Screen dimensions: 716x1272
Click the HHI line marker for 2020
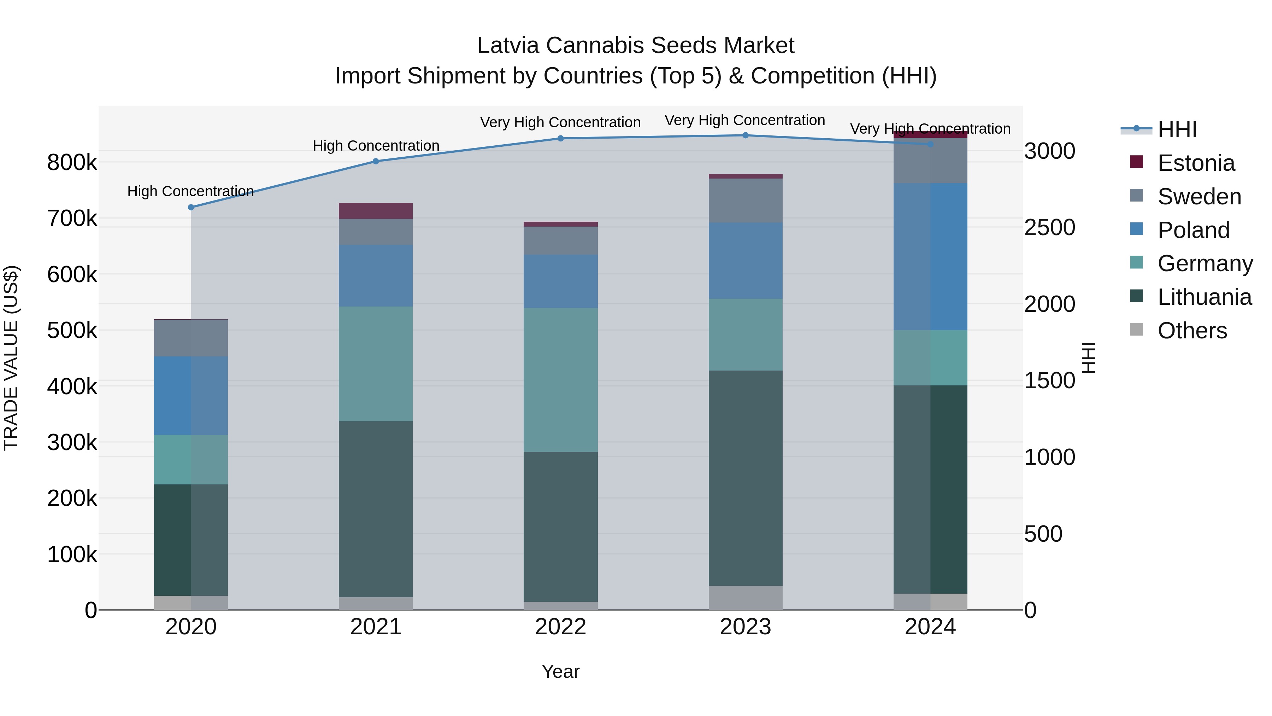point(191,208)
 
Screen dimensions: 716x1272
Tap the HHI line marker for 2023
point(746,135)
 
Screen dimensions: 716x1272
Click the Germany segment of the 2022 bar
point(560,380)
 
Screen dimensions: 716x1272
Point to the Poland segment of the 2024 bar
point(930,257)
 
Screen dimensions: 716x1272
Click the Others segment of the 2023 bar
point(746,598)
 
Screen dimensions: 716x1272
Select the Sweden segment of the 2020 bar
point(191,338)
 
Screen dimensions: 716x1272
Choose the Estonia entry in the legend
point(1195,163)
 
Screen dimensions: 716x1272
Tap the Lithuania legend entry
point(1204,297)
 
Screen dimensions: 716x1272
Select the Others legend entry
point(1191,331)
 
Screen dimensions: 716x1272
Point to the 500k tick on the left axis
point(72,330)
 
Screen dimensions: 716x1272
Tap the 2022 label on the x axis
point(560,627)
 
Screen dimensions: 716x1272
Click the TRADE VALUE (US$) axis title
point(11,358)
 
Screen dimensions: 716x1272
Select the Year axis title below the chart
point(560,671)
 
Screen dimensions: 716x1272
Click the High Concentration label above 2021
point(376,146)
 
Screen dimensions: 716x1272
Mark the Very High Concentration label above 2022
point(560,122)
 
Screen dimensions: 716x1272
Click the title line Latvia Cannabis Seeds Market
point(636,46)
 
